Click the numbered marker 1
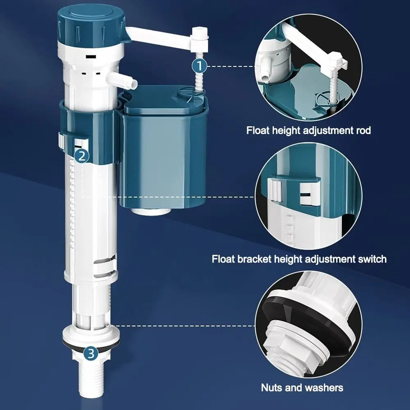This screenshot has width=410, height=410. pyautogui.click(x=199, y=65)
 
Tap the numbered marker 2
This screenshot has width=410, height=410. pyautogui.click(x=82, y=155)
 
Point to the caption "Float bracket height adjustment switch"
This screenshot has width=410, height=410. pyautogui.click(x=299, y=259)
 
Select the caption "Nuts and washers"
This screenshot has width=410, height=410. pyautogui.click(x=302, y=387)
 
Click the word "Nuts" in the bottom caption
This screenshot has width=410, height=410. pyautogui.click(x=271, y=387)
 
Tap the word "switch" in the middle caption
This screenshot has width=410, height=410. pyautogui.click(x=371, y=259)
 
